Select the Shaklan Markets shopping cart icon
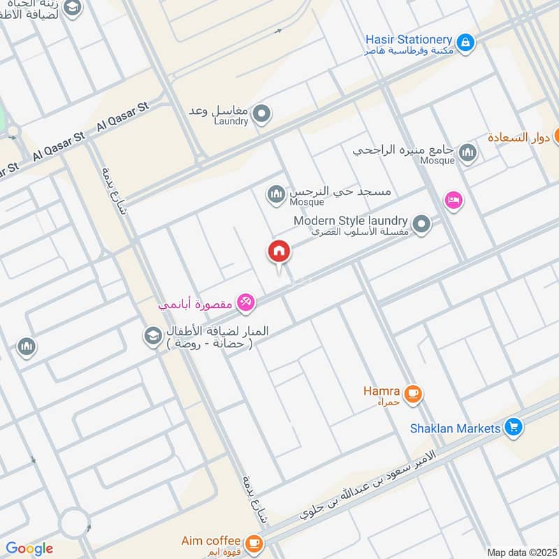(x=514, y=427)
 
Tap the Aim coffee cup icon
(x=254, y=542)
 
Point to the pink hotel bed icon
(x=453, y=200)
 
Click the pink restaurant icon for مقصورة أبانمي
(x=245, y=303)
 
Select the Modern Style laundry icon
(x=421, y=224)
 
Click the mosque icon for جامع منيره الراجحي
(x=467, y=153)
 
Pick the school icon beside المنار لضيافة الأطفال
(x=152, y=336)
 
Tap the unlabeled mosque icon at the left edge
(x=27, y=346)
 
